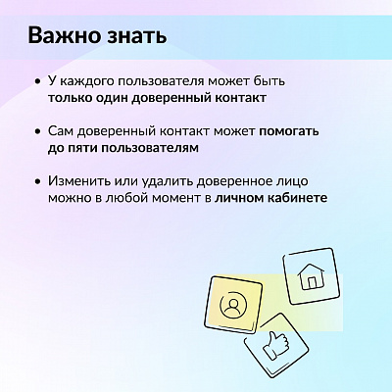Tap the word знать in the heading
coord(133,35)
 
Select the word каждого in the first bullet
coord(87,81)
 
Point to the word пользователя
coord(162,80)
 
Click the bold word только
coord(70,98)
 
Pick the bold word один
coord(112,99)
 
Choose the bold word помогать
coord(289,131)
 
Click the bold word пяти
coord(82,148)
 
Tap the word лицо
coord(291,181)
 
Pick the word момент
coord(175,198)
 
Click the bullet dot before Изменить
coord(38,181)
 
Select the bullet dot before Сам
coord(38,131)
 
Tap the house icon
coord(312,277)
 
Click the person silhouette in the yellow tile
coord(233,306)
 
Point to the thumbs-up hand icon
coord(276,345)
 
